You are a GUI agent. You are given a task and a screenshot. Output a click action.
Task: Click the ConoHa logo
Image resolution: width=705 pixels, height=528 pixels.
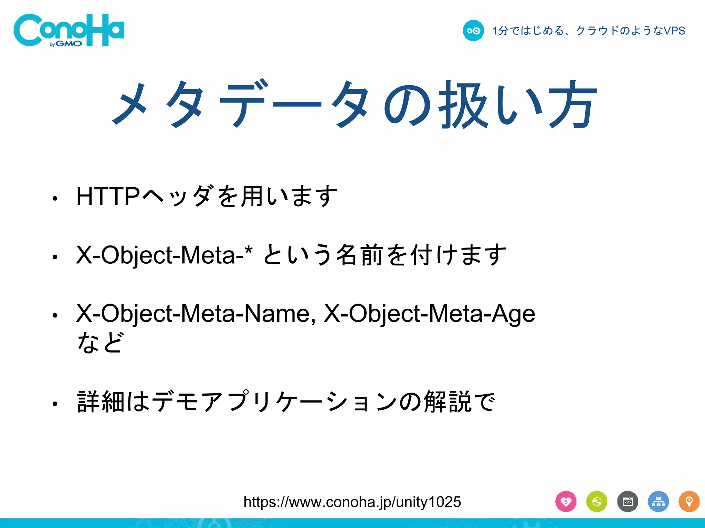[x=69, y=30]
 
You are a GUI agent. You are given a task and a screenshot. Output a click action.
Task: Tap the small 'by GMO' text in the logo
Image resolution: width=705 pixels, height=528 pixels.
[x=66, y=44]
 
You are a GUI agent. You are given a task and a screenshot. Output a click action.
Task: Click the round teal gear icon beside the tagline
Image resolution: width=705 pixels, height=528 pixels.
[x=473, y=31]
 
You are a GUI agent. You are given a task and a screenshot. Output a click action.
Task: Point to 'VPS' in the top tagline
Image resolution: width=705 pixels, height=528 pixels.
[x=674, y=31]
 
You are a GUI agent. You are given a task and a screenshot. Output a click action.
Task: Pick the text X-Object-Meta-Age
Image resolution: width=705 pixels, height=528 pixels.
[x=429, y=313]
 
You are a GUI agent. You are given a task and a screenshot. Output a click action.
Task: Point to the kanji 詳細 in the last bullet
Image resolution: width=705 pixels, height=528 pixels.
[x=101, y=401]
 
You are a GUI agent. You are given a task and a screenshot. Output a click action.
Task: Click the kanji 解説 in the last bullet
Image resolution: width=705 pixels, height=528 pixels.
[x=447, y=401]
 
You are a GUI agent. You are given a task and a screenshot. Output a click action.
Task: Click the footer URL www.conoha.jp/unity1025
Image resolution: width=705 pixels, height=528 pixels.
[x=352, y=502]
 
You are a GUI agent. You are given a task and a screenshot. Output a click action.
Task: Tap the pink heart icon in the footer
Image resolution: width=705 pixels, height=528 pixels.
[x=566, y=502]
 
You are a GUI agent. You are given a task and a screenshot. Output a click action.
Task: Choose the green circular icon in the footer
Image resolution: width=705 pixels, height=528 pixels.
[x=597, y=502]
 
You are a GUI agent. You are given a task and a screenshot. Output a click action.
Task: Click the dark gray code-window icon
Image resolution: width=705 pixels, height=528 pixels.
[x=628, y=502]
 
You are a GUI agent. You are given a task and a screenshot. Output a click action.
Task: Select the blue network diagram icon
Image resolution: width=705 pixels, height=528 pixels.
[x=658, y=502]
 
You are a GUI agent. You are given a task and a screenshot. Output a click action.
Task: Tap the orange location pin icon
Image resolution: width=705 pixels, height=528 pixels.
[x=689, y=502]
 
